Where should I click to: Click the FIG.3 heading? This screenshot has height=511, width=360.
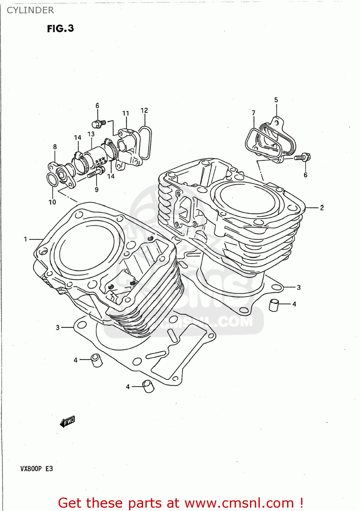[60, 29]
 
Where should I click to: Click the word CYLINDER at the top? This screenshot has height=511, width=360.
[30, 10]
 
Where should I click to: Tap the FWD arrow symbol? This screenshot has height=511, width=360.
[67, 422]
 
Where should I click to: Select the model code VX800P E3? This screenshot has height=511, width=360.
[36, 469]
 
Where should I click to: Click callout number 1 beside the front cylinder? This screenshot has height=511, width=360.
[25, 239]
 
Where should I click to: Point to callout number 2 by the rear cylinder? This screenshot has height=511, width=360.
[322, 207]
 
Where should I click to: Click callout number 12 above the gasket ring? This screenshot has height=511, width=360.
[144, 110]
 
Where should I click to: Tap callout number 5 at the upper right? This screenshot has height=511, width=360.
[276, 100]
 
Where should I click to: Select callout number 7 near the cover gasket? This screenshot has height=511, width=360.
[253, 113]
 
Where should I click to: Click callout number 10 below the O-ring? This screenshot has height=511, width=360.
[52, 202]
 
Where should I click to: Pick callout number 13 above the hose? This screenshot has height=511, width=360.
[91, 134]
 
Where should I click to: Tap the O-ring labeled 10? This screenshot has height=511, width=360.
[52, 180]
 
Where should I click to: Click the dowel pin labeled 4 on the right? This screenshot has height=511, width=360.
[274, 305]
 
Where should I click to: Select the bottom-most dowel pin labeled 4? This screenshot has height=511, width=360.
[148, 386]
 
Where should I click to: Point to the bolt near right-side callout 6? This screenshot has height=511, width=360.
[302, 157]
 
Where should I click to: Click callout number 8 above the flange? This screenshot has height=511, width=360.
[55, 147]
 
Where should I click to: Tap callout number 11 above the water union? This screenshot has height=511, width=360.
[126, 113]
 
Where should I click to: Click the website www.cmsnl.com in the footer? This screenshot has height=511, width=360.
[239, 503]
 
